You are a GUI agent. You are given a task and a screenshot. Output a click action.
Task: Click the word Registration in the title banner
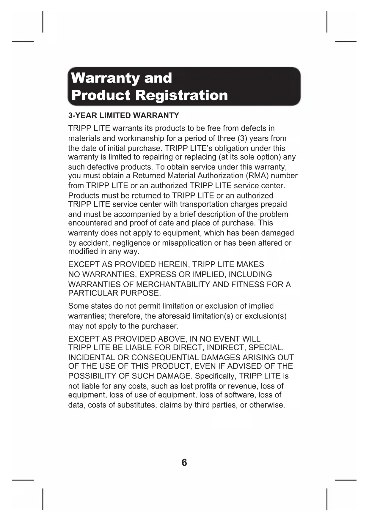coord(181,95)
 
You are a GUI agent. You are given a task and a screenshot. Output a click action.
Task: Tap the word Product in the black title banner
coord(101,95)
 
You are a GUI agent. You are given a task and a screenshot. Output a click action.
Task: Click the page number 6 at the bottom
coord(184,462)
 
